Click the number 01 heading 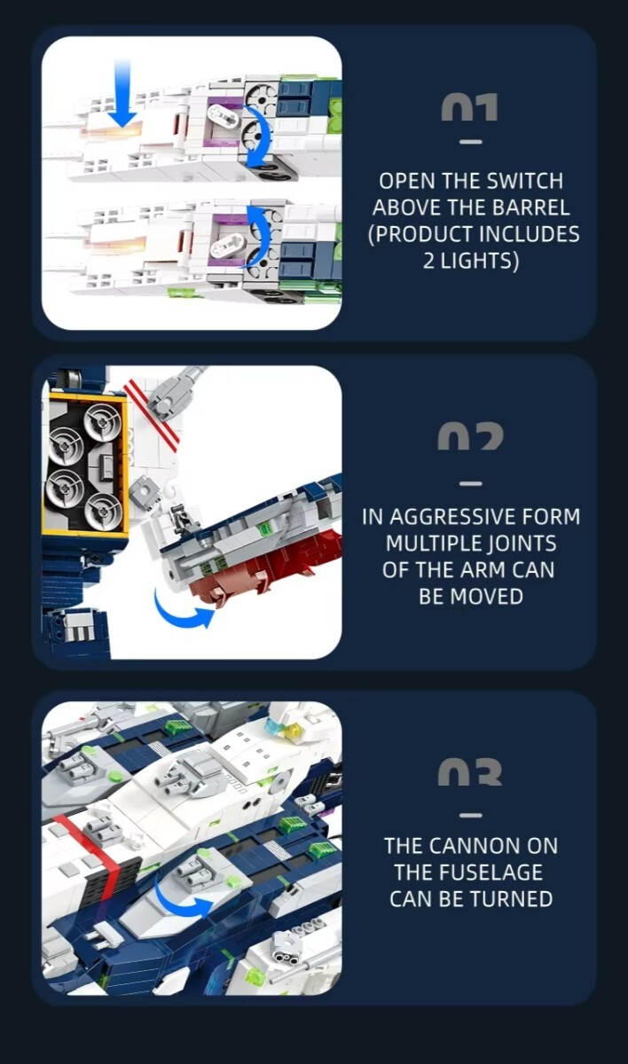[470, 107]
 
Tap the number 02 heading [470, 438]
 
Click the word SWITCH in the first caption [525, 181]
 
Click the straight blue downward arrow [122, 94]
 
